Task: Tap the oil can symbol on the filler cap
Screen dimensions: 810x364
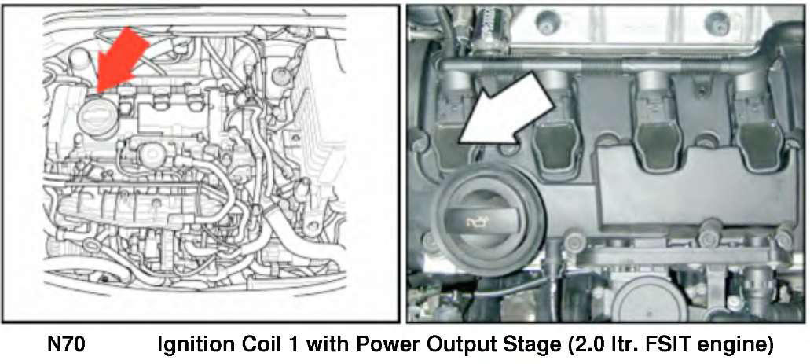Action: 479,223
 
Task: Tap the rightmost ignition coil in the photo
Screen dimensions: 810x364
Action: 757,124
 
